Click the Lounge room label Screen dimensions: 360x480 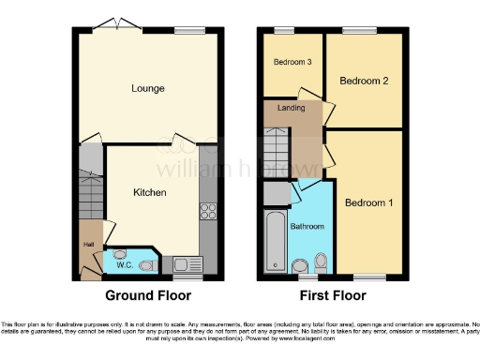148,88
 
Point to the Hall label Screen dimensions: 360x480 89,246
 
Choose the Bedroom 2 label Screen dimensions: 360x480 364,82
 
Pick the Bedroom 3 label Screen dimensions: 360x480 292,63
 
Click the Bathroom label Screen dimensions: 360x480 307,227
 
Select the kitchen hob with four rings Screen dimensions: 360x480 207,210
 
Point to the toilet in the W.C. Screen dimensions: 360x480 145,265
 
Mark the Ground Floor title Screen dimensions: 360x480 147,295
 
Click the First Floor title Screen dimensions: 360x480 333,295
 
